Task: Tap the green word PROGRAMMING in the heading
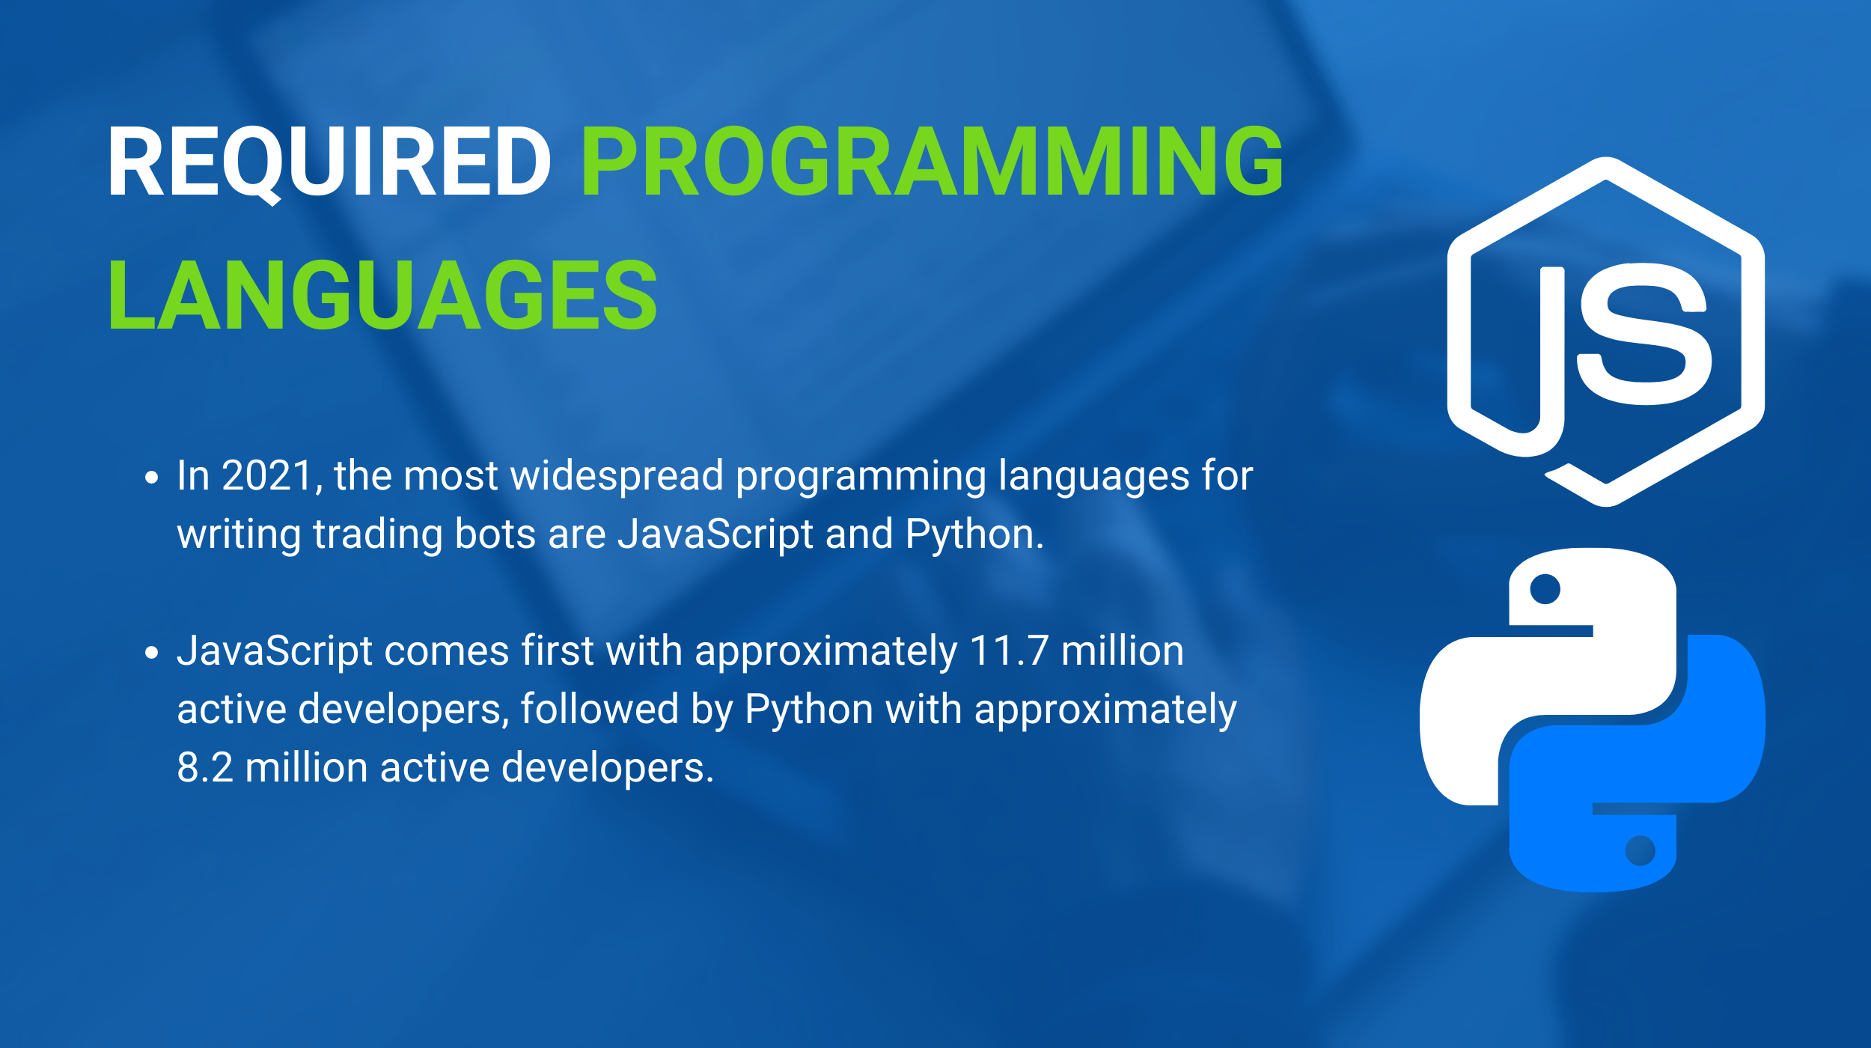pos(933,161)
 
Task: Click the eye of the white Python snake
pos(1545,588)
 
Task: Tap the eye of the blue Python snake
pos(1640,850)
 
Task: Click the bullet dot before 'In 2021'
pos(152,478)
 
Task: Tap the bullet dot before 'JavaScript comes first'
pos(152,653)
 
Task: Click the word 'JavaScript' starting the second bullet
pos(275,651)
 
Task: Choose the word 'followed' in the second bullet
pos(599,709)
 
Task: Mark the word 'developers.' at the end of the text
pos(608,769)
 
